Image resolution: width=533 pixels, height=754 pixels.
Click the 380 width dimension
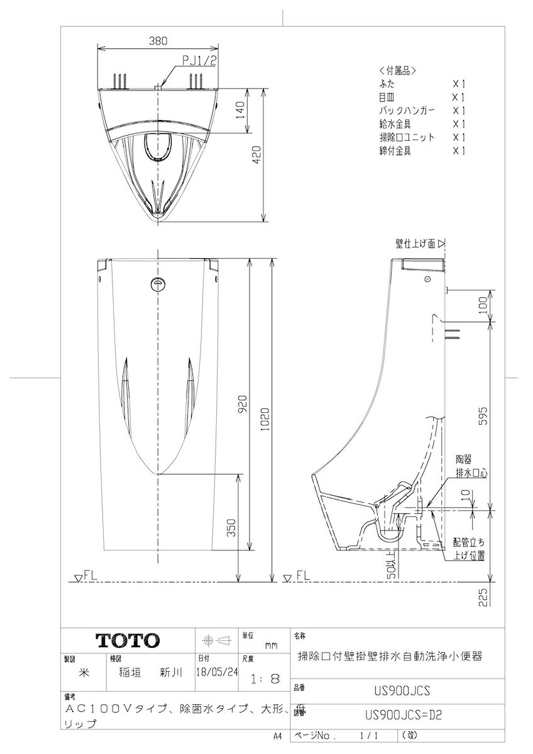coord(158,41)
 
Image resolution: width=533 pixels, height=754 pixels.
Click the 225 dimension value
coord(483,595)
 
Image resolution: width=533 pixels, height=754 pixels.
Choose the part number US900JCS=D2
coord(400,714)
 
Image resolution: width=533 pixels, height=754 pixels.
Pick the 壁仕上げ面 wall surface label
coord(416,243)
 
